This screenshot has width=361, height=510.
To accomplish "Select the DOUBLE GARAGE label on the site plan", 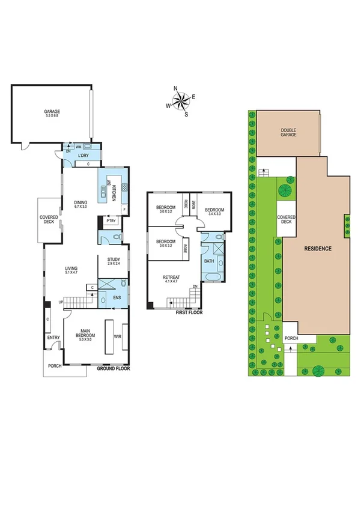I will (x=288, y=133).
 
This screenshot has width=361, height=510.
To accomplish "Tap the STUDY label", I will (x=114, y=261).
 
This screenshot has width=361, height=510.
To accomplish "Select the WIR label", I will (x=117, y=337).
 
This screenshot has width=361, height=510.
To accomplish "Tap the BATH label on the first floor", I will (x=209, y=261).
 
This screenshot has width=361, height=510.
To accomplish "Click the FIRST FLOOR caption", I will (x=189, y=313).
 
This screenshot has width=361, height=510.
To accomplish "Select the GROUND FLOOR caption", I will (x=114, y=369).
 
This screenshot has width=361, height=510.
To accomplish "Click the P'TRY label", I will (x=111, y=222).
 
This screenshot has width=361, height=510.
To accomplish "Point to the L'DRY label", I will (x=83, y=154).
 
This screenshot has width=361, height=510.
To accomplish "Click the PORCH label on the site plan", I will (x=292, y=339).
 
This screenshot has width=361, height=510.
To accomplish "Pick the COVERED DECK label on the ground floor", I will (x=49, y=220).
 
